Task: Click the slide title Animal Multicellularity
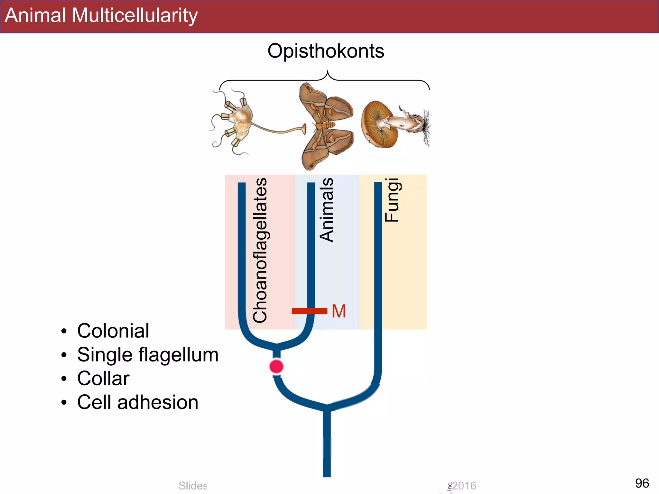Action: (x=101, y=15)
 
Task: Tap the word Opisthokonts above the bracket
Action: (x=326, y=51)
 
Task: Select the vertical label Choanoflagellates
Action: (x=260, y=250)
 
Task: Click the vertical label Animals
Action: (x=326, y=210)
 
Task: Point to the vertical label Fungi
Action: (x=392, y=200)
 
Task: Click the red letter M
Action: (x=339, y=311)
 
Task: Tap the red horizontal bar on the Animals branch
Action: (x=309, y=311)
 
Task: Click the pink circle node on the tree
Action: (x=276, y=366)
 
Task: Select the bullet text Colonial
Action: (x=113, y=331)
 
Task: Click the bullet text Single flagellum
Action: (x=148, y=354)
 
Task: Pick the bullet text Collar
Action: (x=103, y=378)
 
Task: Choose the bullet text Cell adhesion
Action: (x=138, y=402)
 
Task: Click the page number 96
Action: (x=642, y=483)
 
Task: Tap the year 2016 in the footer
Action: (x=464, y=485)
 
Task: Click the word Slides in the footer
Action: (x=192, y=485)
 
